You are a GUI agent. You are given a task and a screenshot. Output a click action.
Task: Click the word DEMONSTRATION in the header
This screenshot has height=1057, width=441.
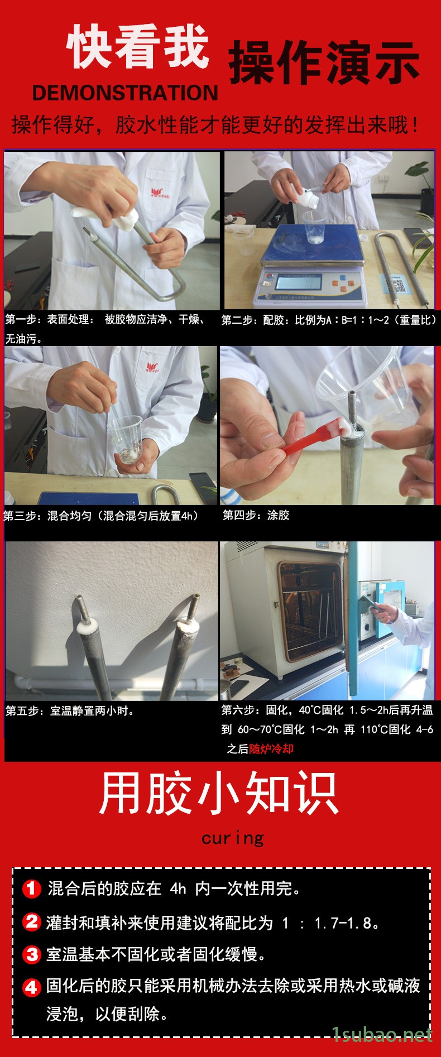(x=125, y=93)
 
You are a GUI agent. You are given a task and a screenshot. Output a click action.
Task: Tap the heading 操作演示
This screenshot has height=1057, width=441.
(x=324, y=62)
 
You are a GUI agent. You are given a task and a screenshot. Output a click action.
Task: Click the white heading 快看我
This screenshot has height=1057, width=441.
(x=138, y=47)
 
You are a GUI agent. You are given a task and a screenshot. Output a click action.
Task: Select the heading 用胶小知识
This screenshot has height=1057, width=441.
(x=219, y=793)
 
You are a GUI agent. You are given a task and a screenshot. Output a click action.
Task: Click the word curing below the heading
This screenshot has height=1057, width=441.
(x=232, y=838)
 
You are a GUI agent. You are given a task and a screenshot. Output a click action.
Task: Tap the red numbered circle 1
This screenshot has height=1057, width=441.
(x=31, y=888)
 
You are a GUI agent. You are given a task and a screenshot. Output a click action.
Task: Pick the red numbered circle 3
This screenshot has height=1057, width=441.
(x=31, y=954)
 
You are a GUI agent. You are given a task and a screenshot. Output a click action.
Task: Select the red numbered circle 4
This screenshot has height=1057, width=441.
(x=31, y=988)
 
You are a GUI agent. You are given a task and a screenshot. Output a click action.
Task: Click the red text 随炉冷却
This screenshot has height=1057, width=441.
(x=271, y=749)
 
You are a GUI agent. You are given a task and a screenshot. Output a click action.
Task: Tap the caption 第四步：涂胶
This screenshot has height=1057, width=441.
(x=256, y=515)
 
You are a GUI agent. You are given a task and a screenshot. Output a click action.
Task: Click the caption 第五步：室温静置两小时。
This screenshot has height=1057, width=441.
(x=70, y=711)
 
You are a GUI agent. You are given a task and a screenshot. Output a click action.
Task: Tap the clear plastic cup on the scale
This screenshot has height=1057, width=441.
(x=314, y=227)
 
